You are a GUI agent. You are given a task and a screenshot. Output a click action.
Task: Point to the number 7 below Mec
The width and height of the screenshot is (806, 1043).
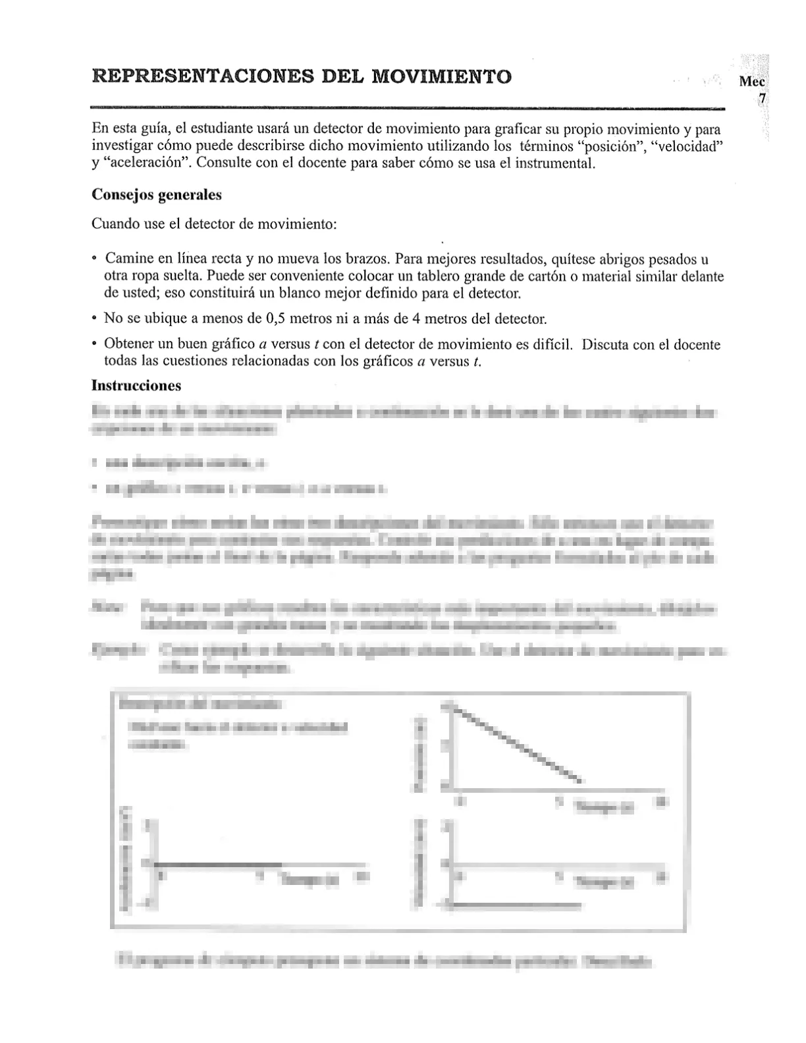(762, 99)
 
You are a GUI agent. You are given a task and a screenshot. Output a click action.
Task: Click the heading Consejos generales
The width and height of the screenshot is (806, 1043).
(157, 195)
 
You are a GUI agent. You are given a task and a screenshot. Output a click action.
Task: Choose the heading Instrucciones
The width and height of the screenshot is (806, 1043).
(136, 385)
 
